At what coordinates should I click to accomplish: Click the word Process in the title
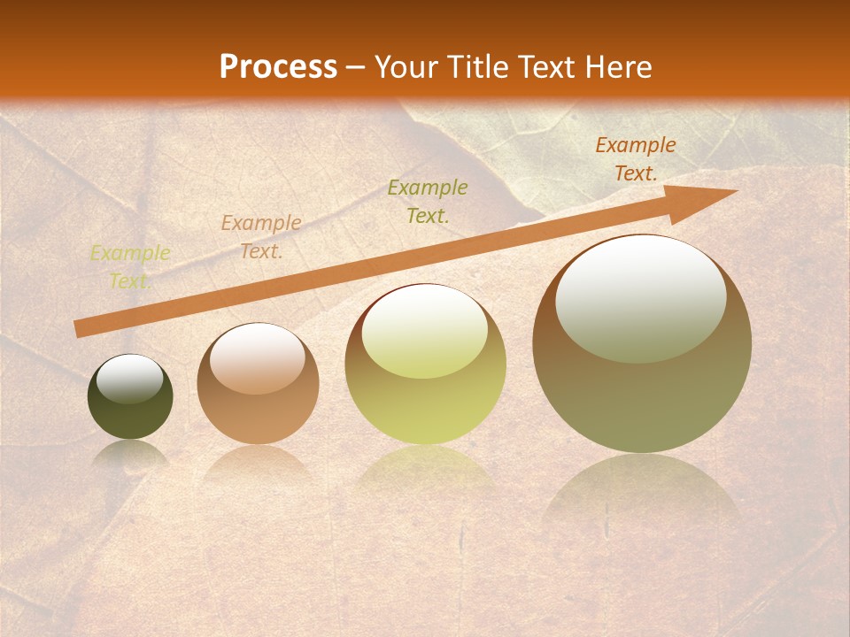pos(278,67)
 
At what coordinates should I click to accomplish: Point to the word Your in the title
pos(407,67)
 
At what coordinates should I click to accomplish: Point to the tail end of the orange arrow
pos(78,329)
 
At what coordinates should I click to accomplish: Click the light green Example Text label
pos(130,266)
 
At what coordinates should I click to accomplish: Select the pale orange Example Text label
pos(261,237)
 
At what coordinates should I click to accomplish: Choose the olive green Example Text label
pos(428,201)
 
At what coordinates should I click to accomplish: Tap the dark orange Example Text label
pos(635,159)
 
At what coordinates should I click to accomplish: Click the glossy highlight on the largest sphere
pos(640,296)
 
